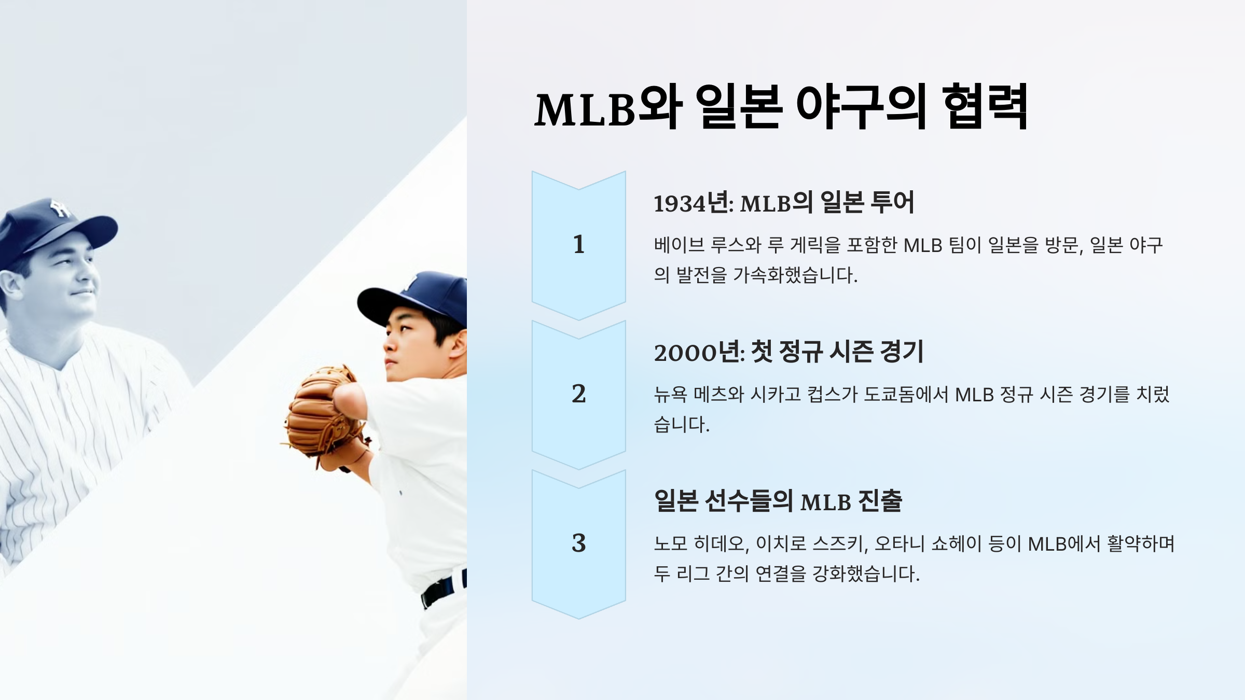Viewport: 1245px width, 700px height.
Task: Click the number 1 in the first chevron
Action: pyautogui.click(x=578, y=244)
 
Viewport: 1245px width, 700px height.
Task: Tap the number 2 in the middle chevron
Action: pyautogui.click(x=578, y=394)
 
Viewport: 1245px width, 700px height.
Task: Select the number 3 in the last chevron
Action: pyautogui.click(x=578, y=543)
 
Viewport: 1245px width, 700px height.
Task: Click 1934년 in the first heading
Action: pyautogui.click(x=693, y=203)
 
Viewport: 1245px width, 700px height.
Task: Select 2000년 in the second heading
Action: pyautogui.click(x=699, y=353)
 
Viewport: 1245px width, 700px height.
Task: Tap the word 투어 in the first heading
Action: pyautogui.click(x=892, y=202)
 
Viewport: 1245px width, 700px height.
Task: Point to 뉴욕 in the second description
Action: pyautogui.click(x=670, y=395)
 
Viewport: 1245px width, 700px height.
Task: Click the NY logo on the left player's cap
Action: pyautogui.click(x=60, y=208)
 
